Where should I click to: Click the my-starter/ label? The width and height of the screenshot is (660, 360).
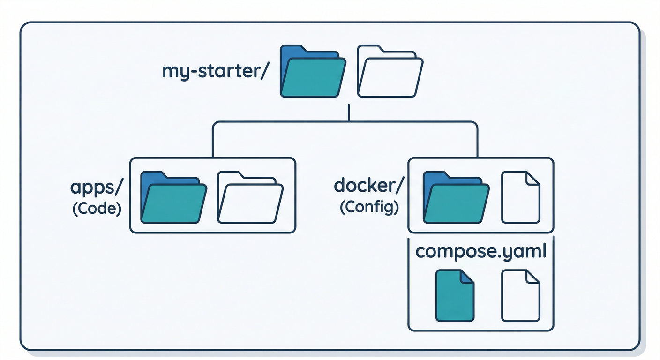(x=215, y=72)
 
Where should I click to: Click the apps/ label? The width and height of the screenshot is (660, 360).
(x=97, y=187)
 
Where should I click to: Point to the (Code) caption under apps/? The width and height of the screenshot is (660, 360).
(x=97, y=208)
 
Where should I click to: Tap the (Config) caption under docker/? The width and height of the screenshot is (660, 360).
(x=369, y=207)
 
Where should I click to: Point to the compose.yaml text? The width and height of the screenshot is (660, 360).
(x=481, y=252)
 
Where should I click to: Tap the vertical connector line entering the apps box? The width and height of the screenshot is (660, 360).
(x=213, y=141)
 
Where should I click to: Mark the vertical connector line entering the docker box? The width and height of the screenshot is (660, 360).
(x=477, y=141)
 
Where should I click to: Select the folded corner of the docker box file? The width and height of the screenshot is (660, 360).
(x=533, y=179)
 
